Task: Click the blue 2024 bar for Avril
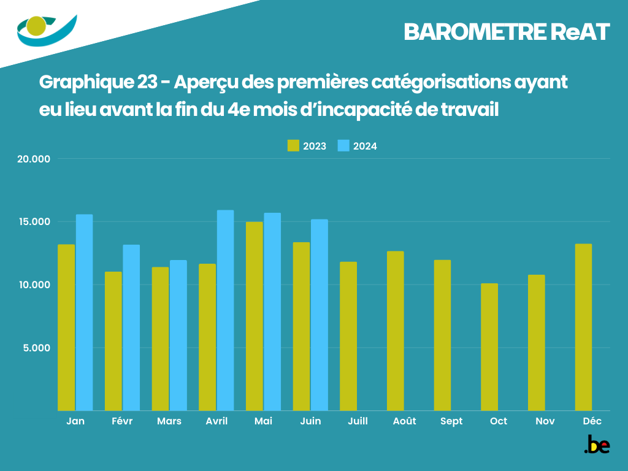[x=226, y=310]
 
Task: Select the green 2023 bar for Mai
[x=255, y=316]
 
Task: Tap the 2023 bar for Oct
[x=489, y=347]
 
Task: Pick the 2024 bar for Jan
[x=85, y=312]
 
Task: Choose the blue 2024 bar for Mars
[x=178, y=335]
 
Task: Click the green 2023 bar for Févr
[x=113, y=341]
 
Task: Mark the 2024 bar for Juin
[x=320, y=315]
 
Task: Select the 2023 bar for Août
[x=396, y=331]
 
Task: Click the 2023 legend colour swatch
[x=293, y=146]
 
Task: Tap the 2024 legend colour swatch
[x=343, y=146]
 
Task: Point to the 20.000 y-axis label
[x=34, y=159]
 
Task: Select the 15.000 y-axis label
[x=34, y=222]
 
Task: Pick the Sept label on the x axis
[x=451, y=421]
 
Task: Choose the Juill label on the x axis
[x=358, y=421]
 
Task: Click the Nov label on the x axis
[x=545, y=421]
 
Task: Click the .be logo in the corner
[x=597, y=445]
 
